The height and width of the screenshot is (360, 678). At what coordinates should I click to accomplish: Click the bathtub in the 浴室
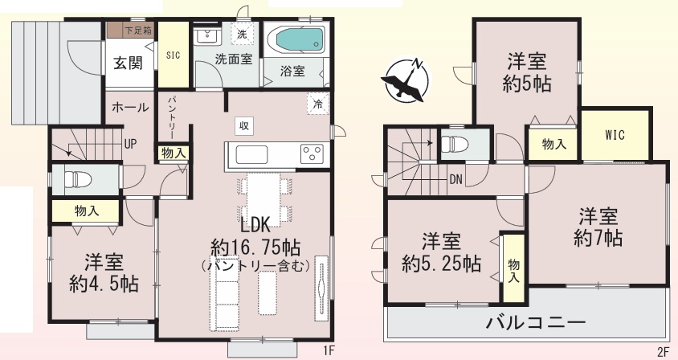point(296,40)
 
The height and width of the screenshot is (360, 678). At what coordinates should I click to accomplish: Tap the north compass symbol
point(406,80)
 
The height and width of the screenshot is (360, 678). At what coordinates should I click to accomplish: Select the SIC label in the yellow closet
point(173,55)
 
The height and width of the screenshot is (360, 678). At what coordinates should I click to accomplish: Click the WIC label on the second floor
point(615,135)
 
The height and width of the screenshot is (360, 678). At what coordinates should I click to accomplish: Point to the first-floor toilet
point(76,178)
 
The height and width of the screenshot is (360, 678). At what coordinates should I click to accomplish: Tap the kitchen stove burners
point(312,153)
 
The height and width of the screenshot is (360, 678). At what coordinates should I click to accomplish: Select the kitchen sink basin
point(251,154)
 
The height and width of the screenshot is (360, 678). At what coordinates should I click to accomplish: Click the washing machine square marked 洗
point(242,34)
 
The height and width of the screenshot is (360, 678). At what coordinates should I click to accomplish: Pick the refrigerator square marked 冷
point(318,104)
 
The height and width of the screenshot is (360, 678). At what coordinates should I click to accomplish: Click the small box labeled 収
point(244,126)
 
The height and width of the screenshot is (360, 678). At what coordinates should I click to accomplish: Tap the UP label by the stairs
point(130,144)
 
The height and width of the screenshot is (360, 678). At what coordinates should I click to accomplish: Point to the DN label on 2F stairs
point(455,179)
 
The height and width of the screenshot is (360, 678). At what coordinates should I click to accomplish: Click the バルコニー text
point(536,322)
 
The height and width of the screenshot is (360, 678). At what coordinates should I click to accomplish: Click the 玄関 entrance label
point(128,63)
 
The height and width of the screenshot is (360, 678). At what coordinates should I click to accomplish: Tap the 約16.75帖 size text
point(255,248)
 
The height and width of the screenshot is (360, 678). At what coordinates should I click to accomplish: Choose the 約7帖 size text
point(598,238)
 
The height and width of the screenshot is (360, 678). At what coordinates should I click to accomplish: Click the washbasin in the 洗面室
point(206,36)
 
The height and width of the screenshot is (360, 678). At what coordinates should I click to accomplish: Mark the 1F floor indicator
point(329,350)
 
